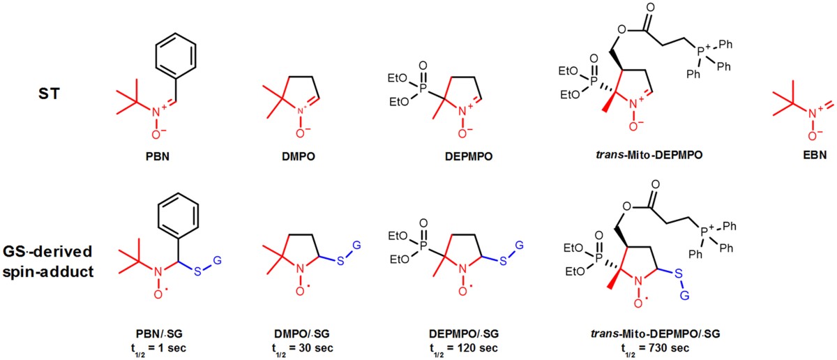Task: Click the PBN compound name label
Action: (x=158, y=156)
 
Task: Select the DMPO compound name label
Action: (x=299, y=156)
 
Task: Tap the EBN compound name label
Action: (x=815, y=155)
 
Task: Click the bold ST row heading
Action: (x=49, y=93)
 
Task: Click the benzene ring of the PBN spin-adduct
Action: (x=179, y=216)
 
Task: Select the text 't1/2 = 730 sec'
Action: (x=655, y=349)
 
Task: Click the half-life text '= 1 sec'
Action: (x=167, y=348)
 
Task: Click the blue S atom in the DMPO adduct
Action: (x=340, y=261)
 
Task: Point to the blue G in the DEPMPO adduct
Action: (x=520, y=246)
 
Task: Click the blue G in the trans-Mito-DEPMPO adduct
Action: (x=684, y=296)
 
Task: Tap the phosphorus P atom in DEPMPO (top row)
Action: (x=423, y=88)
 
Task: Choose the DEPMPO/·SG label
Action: (x=464, y=333)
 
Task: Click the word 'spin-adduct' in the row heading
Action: (x=48, y=272)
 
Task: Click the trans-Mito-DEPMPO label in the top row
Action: (x=649, y=155)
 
